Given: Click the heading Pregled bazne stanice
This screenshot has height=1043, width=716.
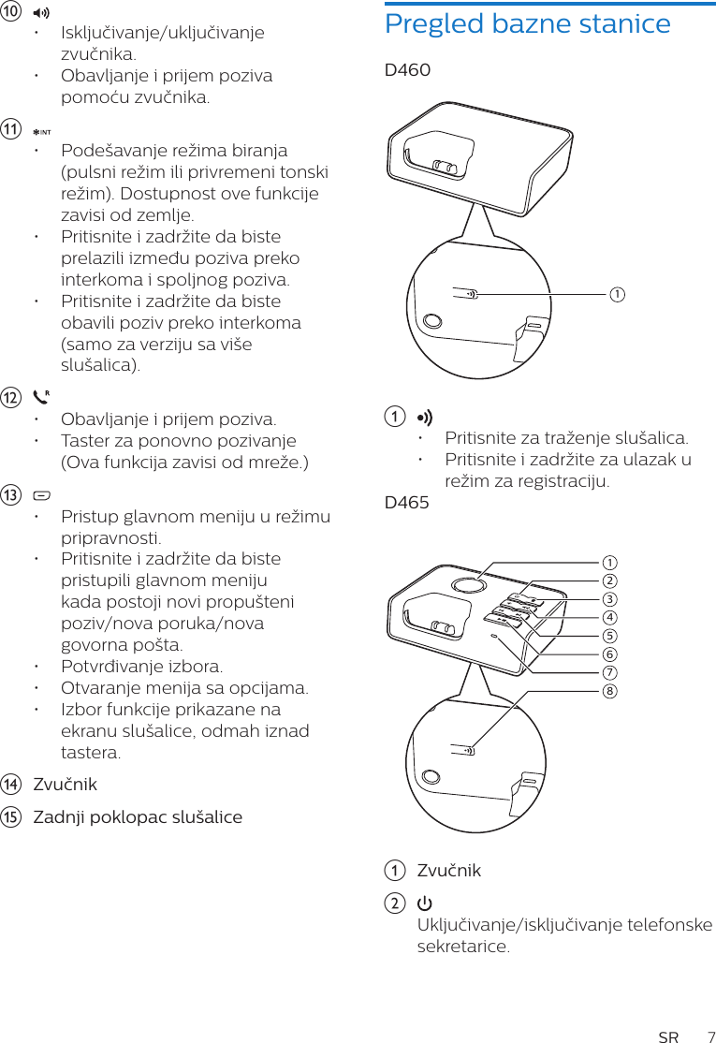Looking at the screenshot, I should coord(527,23).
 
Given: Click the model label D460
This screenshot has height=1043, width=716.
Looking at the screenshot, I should coord(407,70).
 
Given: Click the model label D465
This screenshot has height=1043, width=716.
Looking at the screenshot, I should coord(407,503).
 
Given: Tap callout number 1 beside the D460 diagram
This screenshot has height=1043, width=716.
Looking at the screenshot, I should coord(617,295).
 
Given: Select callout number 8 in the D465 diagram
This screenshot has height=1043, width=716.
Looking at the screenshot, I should coord(609,691).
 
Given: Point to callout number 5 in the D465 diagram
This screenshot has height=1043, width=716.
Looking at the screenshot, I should coord(609,636).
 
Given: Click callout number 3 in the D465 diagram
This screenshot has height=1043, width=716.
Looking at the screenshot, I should coord(609,599).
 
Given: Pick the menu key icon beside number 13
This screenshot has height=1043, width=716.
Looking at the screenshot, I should coord(41,495).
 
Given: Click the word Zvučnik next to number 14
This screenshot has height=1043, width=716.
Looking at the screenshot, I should coord(65,785).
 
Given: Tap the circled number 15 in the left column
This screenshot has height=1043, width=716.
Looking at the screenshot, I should coord(11,817).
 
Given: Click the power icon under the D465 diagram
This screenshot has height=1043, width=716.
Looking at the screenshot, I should coord(424,903).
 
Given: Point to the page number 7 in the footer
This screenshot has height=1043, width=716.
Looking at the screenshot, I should coord(709,1036).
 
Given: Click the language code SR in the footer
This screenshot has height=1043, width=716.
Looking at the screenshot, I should coord(668,1036).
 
